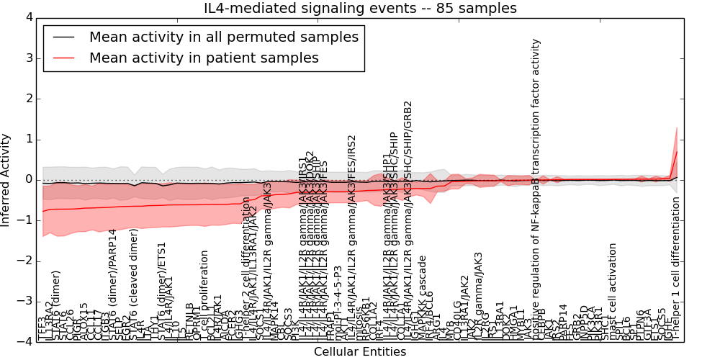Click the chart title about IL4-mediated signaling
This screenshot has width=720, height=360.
(361, 9)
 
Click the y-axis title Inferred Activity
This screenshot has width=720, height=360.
(6, 179)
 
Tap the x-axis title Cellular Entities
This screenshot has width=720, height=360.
(360, 352)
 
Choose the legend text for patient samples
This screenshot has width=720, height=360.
(204, 58)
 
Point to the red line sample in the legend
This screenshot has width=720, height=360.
(63, 58)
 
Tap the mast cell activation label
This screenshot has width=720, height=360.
(613, 292)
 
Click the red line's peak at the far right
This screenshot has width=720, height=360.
(677, 152)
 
